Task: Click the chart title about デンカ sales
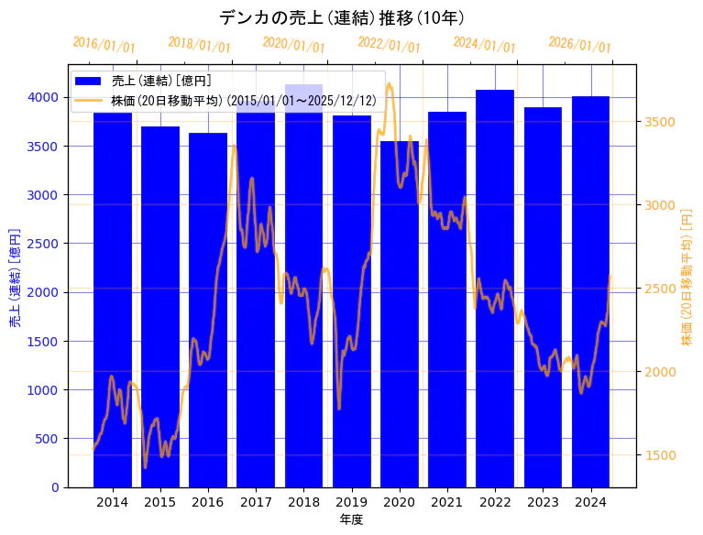tap(342, 17)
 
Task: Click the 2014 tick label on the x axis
tap(113, 502)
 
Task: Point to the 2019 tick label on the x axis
tap(352, 502)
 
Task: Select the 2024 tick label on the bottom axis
tap(591, 502)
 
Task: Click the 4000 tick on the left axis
tap(44, 97)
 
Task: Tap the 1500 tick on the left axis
tap(44, 341)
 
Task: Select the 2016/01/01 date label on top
tap(104, 45)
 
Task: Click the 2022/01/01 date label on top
tap(390, 45)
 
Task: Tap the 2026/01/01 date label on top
tap(579, 45)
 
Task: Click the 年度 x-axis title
tap(351, 519)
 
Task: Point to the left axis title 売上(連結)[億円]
tap(15, 278)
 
